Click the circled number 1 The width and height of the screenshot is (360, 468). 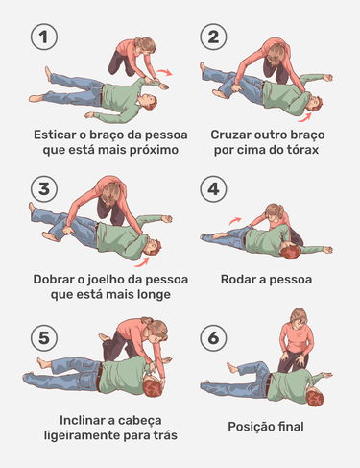[x=44, y=37]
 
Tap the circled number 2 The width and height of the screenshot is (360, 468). [x=213, y=37]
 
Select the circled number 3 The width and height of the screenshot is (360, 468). [x=44, y=188]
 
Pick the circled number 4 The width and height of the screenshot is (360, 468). [x=213, y=188]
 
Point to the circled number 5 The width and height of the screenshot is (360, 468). [x=44, y=338]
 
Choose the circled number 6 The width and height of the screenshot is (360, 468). [x=213, y=338]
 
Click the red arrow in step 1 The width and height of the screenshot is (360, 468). [x=165, y=72]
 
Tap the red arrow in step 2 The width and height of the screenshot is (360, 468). [x=304, y=118]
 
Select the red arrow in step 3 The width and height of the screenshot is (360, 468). [x=142, y=261]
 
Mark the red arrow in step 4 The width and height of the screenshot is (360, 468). [x=235, y=220]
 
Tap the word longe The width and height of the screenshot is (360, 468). [x=154, y=294]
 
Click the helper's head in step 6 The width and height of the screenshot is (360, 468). [x=299, y=316]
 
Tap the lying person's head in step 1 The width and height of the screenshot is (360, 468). [x=148, y=102]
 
